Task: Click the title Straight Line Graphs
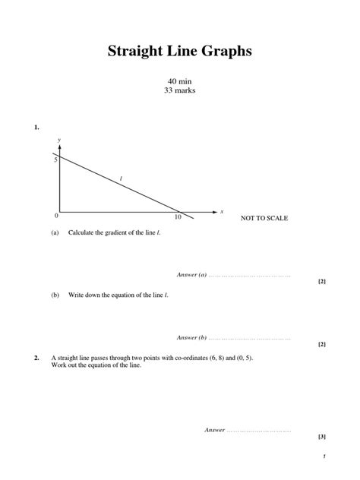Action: (179, 51)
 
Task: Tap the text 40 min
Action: (179, 81)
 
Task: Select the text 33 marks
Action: (179, 90)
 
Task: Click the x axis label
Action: (221, 212)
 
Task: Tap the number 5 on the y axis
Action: (55, 160)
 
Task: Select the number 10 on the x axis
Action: (178, 218)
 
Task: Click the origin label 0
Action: (55, 216)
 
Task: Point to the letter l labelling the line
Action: (121, 179)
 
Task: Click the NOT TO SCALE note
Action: (264, 219)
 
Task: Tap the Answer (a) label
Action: (191, 274)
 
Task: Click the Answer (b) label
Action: (191, 337)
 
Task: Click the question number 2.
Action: (36, 358)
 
